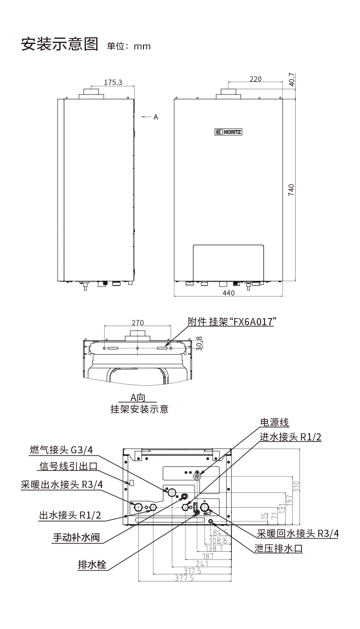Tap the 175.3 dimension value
tap(113, 82)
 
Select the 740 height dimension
tap(291, 190)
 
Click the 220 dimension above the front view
tap(255, 79)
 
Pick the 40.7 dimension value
tap(292, 80)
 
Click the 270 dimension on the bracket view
tap(138, 323)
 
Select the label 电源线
tap(274, 422)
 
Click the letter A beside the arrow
tap(156, 117)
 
